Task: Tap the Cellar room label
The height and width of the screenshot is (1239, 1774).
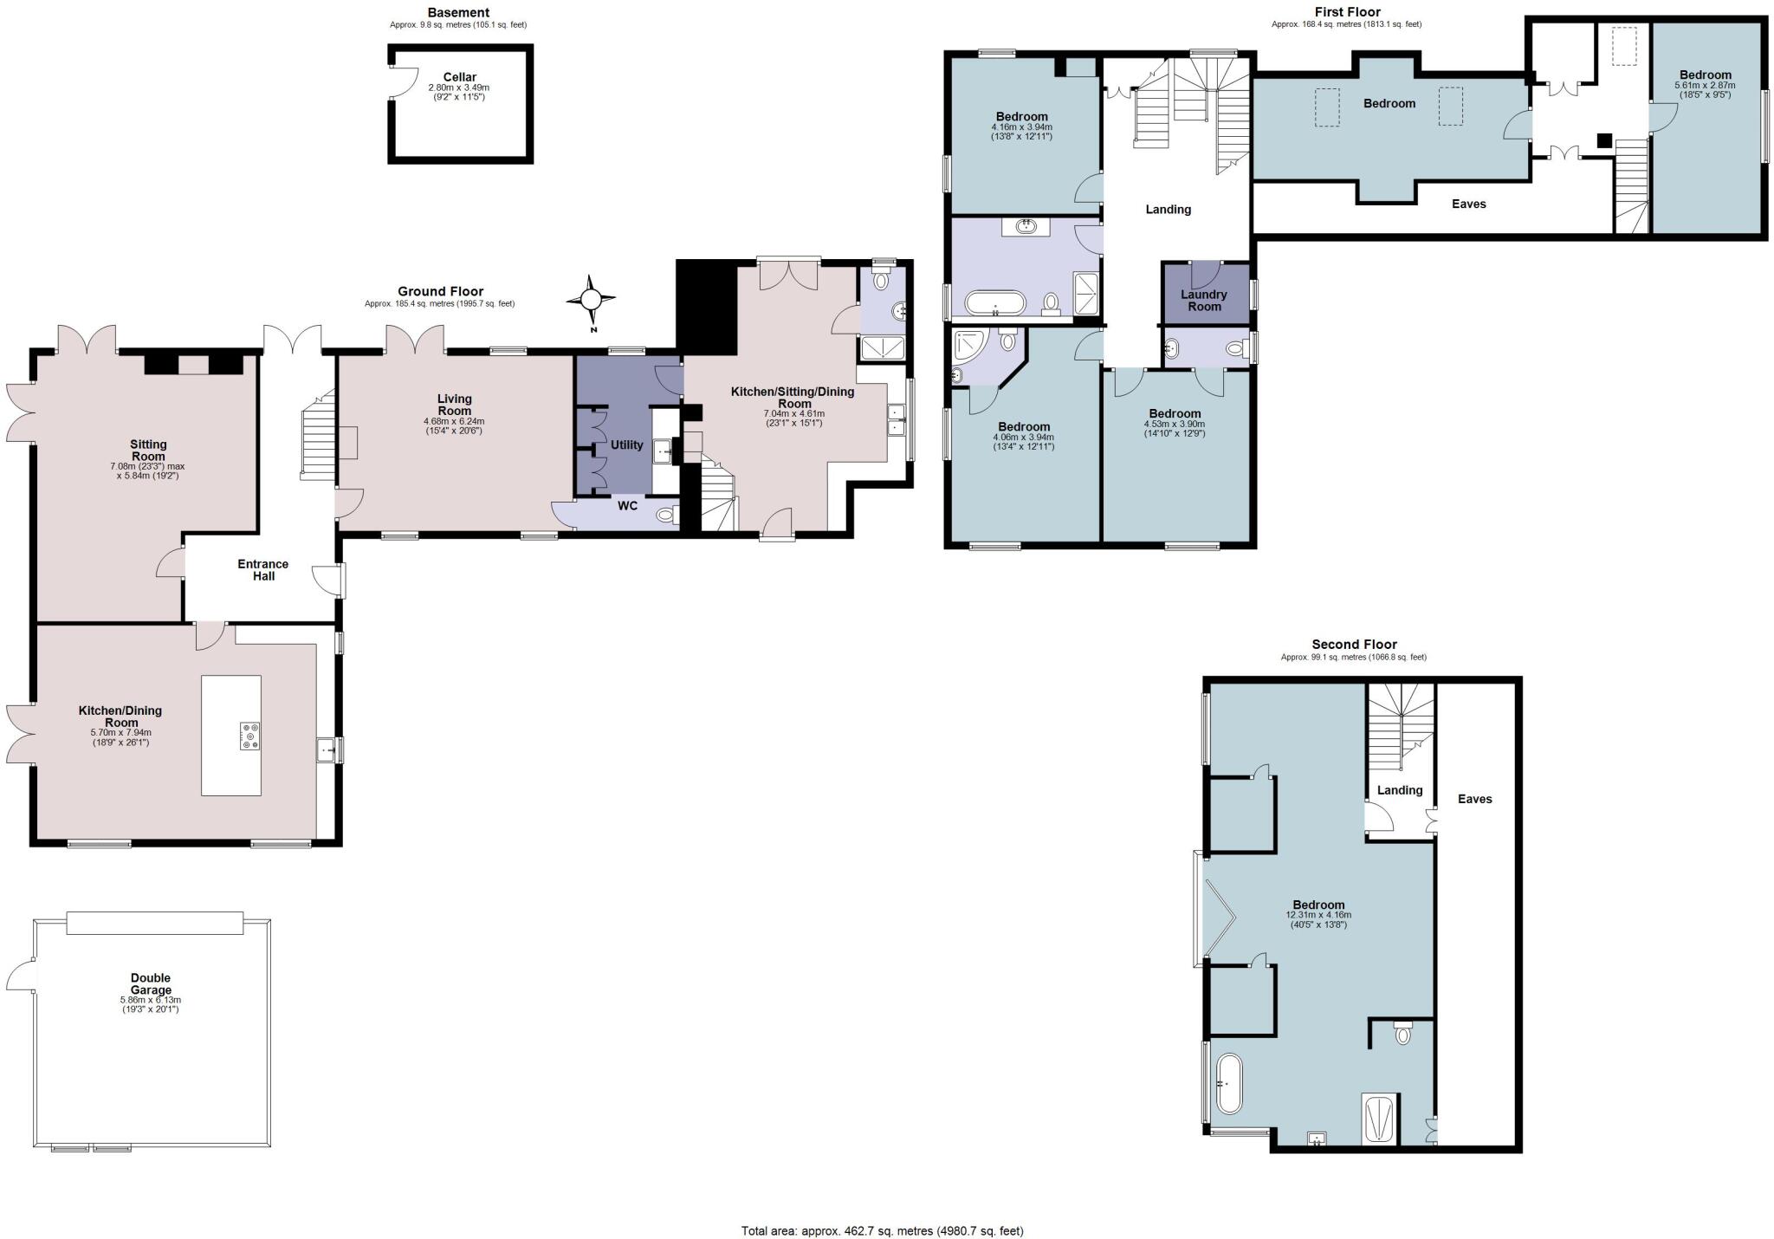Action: [x=459, y=77]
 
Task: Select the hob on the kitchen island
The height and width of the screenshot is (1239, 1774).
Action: [x=249, y=736]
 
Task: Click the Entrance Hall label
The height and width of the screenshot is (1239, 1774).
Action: [x=263, y=569]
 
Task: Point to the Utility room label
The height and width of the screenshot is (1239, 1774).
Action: [x=626, y=444]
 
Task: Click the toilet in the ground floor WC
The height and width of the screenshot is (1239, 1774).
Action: [x=665, y=515]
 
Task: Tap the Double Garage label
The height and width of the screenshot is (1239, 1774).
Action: [x=151, y=983]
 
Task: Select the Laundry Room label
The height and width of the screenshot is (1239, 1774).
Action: [x=1204, y=300]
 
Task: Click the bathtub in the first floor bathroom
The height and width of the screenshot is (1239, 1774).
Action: [x=995, y=303]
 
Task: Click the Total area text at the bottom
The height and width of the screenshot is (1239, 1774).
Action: [x=882, y=1230]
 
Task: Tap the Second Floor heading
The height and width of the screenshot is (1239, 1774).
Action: [x=1354, y=644]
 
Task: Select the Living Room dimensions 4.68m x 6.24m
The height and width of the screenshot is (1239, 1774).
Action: [x=454, y=421]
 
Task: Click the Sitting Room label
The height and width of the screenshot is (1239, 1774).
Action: [x=148, y=450]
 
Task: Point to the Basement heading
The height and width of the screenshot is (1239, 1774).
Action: [x=458, y=12]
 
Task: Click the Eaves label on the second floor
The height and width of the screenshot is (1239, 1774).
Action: [x=1474, y=799]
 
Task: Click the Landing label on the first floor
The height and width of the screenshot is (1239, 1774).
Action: [x=1168, y=209]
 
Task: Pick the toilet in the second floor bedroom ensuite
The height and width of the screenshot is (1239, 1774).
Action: [x=1403, y=1034]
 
